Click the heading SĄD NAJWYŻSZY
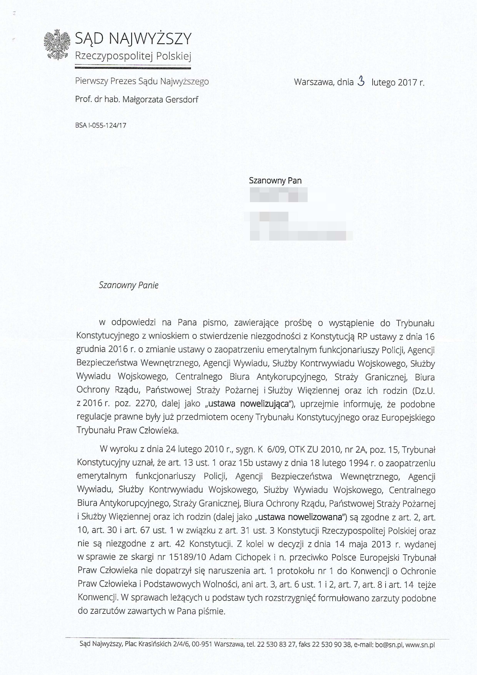tap(133, 38)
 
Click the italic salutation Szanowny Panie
tap(129, 285)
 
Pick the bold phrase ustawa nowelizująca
tap(248, 404)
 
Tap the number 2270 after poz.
tap(145, 404)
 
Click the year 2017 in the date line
tap(407, 82)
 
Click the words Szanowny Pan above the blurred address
tap(275, 181)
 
